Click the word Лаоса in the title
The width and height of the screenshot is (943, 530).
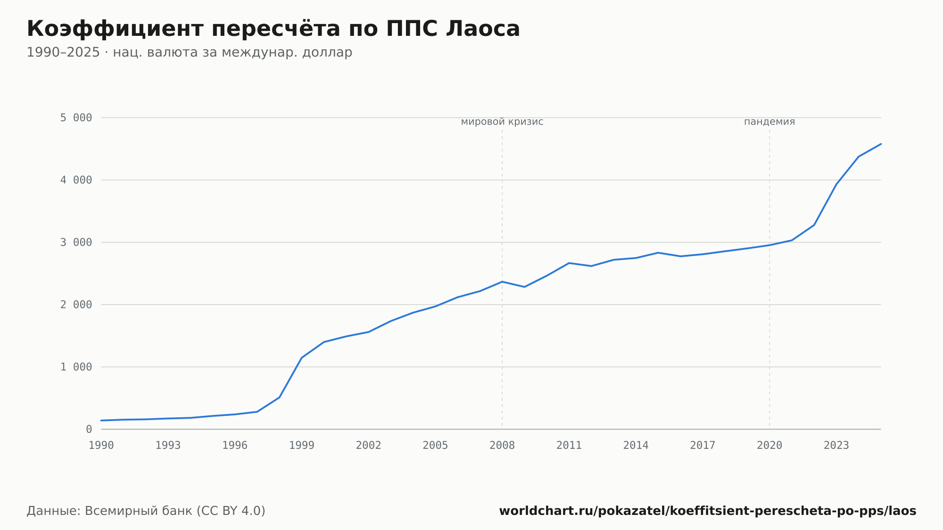coord(483,29)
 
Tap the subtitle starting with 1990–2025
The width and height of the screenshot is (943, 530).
coord(190,52)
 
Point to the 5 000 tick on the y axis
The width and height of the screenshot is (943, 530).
coord(76,118)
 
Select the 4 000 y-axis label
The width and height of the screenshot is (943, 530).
coord(76,180)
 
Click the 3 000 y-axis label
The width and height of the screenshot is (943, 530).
coord(76,242)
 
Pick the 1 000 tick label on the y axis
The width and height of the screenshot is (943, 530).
coord(76,367)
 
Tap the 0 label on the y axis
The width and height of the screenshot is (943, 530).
coord(89,429)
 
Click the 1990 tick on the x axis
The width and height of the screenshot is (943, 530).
coord(101,446)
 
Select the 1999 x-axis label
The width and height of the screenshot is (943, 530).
coord(302,446)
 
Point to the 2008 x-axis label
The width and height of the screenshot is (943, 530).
coord(502,446)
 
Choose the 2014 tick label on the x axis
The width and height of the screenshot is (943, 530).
coord(636,446)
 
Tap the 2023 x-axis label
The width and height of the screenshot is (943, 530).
coord(836,446)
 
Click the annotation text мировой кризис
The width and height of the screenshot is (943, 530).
coord(502,122)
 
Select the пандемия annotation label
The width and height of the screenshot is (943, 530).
coord(769,122)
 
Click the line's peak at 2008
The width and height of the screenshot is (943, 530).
coord(502,282)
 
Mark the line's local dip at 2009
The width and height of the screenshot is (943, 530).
coord(524,287)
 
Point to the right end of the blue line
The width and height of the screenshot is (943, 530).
coord(881,144)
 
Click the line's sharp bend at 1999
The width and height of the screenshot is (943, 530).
coord(302,357)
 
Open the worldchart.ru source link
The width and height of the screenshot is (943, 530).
coord(708,511)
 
